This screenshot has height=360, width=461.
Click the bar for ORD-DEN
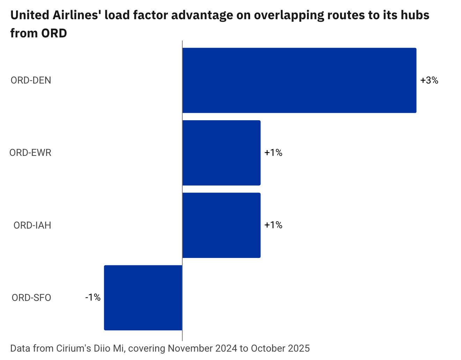pos(299,80)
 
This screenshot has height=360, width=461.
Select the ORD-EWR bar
pos(221,153)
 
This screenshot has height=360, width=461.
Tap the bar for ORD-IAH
pos(221,225)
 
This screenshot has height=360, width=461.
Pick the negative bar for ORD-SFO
pos(143,297)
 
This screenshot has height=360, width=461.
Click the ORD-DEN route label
pos(31,80)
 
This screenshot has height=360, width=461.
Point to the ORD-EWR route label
pos(30,153)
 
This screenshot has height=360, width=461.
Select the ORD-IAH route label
pos(32,225)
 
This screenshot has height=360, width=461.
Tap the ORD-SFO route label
pos(31,298)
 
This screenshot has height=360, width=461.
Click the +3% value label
pos(429,80)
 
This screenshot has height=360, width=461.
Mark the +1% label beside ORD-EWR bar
pos(273,153)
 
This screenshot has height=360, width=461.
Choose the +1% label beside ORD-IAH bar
pos(273,225)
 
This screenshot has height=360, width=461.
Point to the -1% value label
pos(93,297)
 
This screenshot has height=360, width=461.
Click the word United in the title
pos(29,15)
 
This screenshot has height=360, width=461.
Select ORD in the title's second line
pos(54,33)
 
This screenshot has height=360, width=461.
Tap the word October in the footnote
pos(268,348)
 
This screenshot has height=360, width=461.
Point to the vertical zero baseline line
pos(182,336)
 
